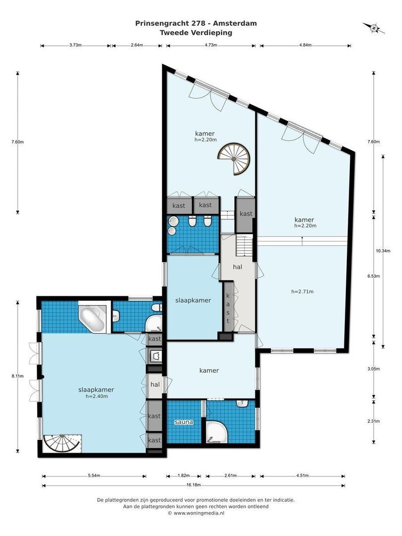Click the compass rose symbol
374,28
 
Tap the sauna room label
184,422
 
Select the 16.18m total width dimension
193,485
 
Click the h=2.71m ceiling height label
303,292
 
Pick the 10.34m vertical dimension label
383,251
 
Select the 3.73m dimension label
75,45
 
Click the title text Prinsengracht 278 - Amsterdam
196,24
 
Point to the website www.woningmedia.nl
199,513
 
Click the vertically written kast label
228,308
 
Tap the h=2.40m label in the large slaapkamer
97,397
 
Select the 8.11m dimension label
17,376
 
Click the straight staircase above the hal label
244,245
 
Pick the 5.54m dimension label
94,475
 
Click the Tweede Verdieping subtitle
196,33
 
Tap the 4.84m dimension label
305,45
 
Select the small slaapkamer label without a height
193,300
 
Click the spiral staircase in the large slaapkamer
62,443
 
